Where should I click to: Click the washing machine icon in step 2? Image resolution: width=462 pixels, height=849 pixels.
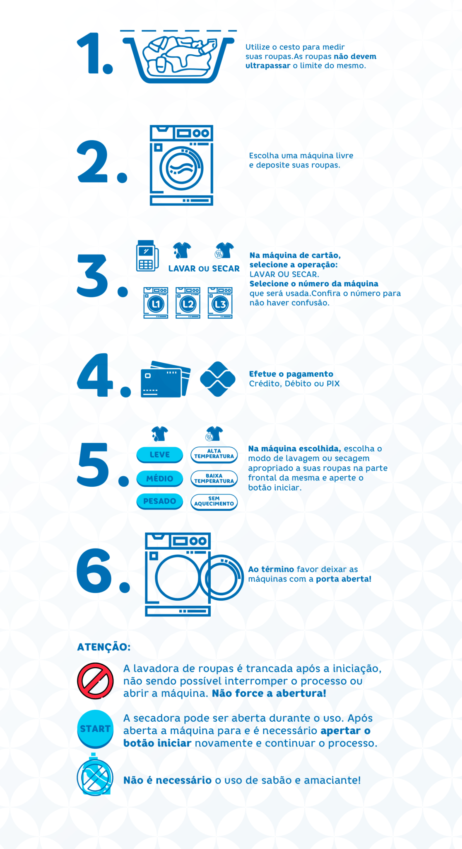click(x=181, y=165)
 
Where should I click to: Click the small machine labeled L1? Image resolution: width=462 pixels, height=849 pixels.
click(x=156, y=303)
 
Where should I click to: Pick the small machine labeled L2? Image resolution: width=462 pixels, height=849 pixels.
click(x=188, y=303)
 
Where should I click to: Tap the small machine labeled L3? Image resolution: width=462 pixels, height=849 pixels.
click(x=220, y=303)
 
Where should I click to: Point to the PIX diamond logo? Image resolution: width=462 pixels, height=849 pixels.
click(x=218, y=379)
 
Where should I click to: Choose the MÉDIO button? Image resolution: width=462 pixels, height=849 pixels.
click(x=160, y=479)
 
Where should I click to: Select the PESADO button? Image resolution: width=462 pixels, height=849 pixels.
click(x=160, y=502)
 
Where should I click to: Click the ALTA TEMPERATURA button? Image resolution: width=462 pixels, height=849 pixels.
click(x=214, y=454)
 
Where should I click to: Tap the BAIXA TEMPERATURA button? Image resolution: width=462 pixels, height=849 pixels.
click(x=214, y=479)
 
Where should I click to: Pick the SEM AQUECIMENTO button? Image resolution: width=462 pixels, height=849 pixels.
click(x=214, y=502)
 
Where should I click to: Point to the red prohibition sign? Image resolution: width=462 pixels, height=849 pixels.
click(x=95, y=681)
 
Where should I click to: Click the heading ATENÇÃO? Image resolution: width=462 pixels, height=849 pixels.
click(x=104, y=647)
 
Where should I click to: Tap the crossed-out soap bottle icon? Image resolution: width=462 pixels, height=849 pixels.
click(x=95, y=774)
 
